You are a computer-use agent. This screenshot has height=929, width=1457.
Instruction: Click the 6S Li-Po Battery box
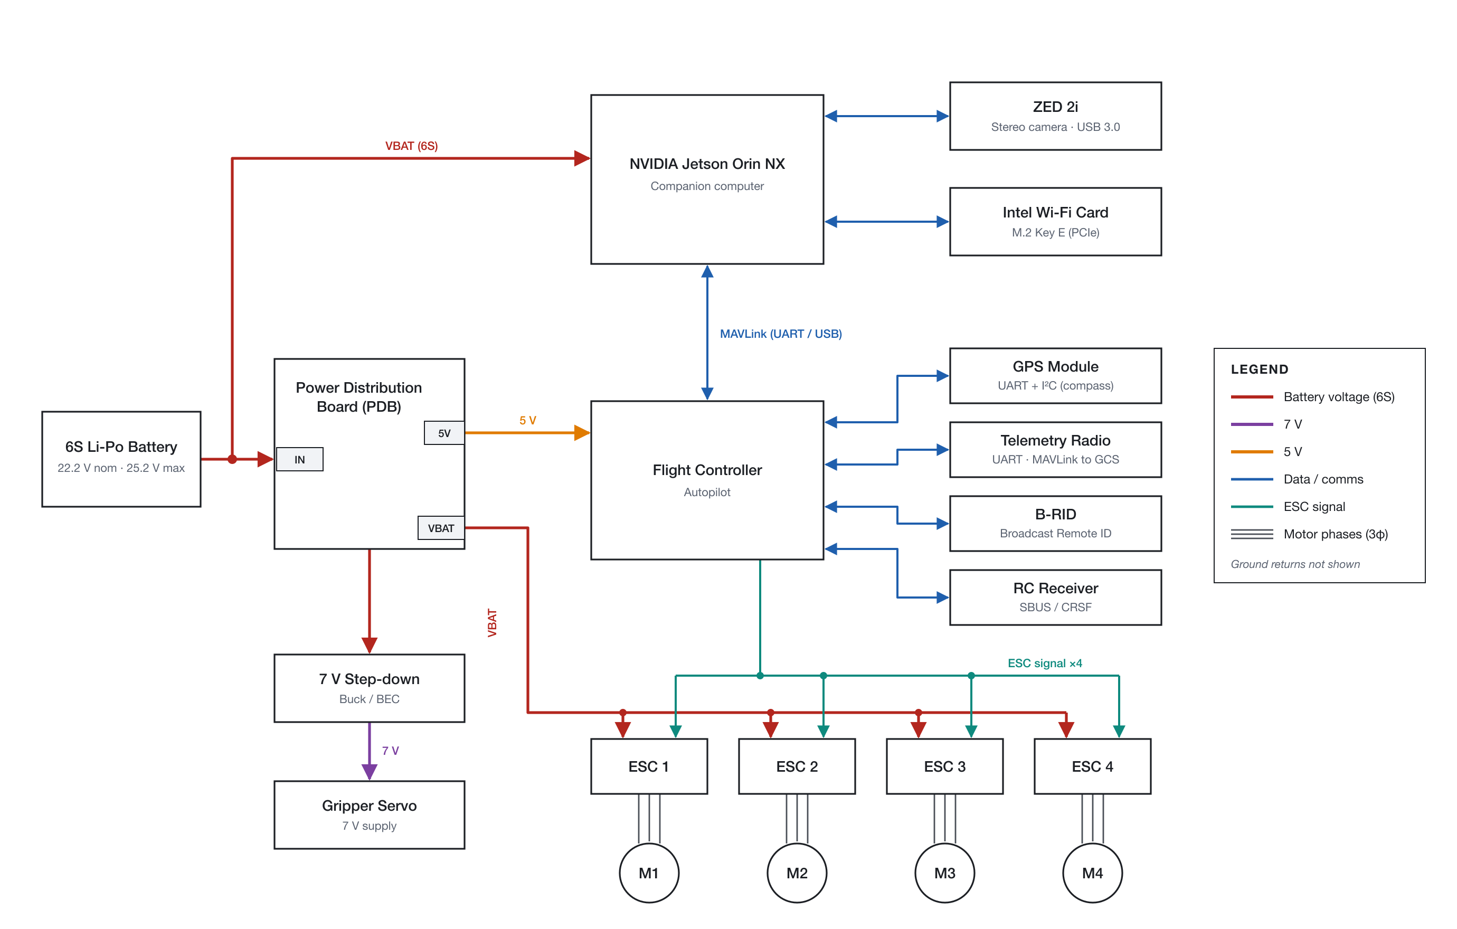coord(121,459)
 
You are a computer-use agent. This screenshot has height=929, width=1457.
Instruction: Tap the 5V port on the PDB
coord(444,433)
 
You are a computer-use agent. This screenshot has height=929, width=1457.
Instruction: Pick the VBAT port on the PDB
coord(441,528)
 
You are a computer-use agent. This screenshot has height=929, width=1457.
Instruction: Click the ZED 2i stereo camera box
coord(1055,116)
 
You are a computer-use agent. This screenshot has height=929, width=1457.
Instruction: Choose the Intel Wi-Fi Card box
coord(1055,221)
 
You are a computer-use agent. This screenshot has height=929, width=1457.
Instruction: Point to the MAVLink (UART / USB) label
coord(781,334)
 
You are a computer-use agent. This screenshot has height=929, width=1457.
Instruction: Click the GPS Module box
coord(1055,376)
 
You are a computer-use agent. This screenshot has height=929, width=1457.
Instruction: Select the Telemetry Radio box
coord(1055,449)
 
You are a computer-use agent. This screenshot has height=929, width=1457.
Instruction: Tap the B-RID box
coord(1055,523)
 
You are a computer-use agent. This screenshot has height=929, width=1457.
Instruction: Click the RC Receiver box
coord(1055,597)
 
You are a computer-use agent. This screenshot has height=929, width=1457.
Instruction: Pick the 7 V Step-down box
coord(369,688)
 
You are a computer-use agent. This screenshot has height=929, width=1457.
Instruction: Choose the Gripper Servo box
coord(369,814)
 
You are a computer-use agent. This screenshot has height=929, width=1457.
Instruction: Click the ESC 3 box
coord(944,766)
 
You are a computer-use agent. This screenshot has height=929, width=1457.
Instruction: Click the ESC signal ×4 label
coord(1045,663)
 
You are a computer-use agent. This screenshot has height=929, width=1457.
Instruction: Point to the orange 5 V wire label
coord(527,420)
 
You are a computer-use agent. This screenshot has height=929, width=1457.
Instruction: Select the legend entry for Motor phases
coord(1309,534)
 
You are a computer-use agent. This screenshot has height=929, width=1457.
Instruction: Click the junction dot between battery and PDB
coord(232,459)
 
